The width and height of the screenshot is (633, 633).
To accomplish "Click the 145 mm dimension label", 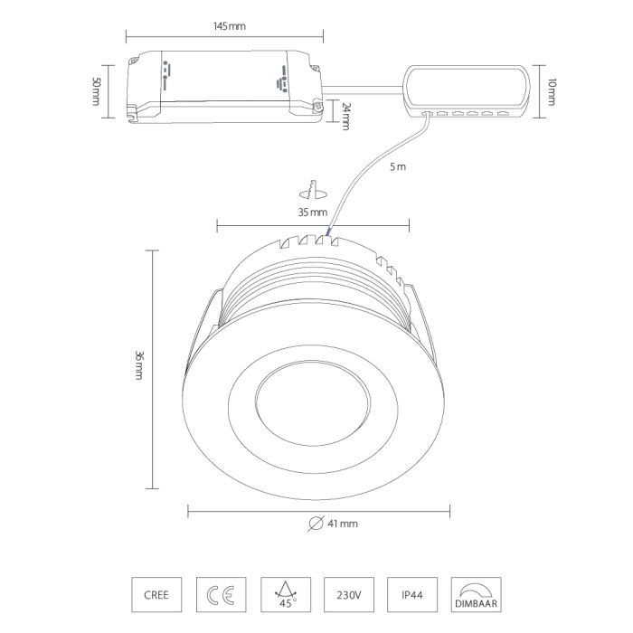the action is pyautogui.click(x=230, y=26).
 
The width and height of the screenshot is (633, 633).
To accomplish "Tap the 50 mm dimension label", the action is pyautogui.click(x=96, y=91).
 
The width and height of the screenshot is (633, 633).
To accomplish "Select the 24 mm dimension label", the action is pyautogui.click(x=345, y=117).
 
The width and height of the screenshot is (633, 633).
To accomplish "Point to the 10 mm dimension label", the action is pyautogui.click(x=552, y=92).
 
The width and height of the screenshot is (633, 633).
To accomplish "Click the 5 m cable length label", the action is pyautogui.click(x=398, y=166).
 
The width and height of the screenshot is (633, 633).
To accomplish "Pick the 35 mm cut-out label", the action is pyautogui.click(x=313, y=212).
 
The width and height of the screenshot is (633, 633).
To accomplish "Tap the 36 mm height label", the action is pyautogui.click(x=139, y=365).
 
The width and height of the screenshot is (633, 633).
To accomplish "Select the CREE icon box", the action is pyautogui.click(x=156, y=595).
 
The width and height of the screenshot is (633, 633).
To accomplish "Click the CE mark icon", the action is pyautogui.click(x=221, y=595).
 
